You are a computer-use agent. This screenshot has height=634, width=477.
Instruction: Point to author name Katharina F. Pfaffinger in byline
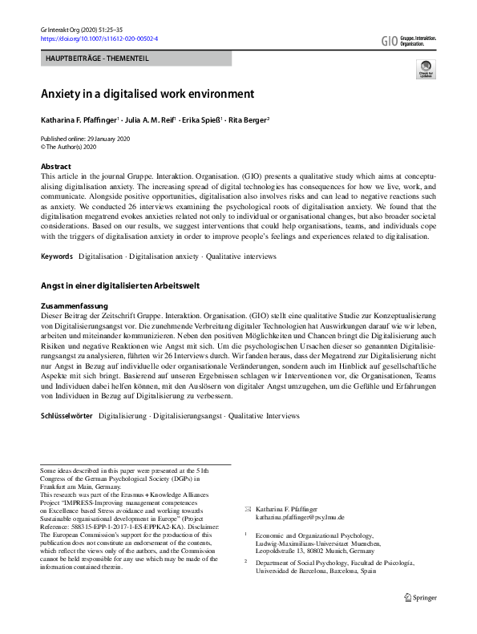point(79,120)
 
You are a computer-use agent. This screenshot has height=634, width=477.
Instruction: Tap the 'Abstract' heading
point(56,167)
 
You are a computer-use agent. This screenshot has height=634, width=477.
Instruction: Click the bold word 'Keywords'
point(57,256)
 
